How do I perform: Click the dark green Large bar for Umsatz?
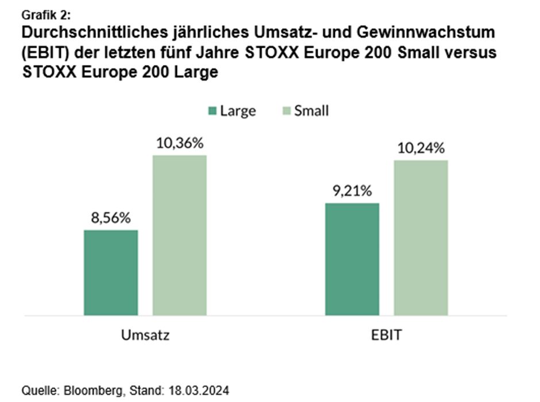[111, 273]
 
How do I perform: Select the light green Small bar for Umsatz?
[179, 235]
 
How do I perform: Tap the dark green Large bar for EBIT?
[352, 259]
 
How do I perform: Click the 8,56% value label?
[111, 218]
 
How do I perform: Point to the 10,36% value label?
[179, 143]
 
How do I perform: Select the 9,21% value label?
[352, 190]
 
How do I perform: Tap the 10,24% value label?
[421, 148]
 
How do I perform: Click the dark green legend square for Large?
[211, 110]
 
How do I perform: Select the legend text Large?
[237, 110]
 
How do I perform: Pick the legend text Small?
[311, 110]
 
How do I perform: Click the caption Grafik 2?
[46, 14]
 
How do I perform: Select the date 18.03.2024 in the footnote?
[198, 390]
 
